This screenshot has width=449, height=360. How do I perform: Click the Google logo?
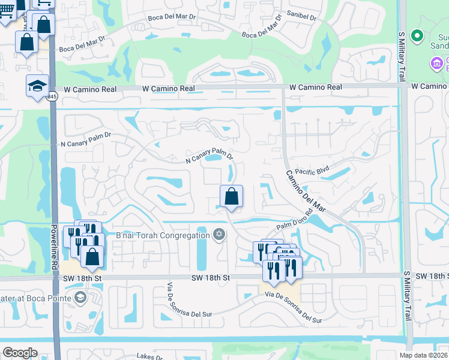tap(20, 353)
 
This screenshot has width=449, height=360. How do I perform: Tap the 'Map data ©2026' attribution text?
tap(423, 355)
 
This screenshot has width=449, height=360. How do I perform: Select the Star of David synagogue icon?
tap(220, 235)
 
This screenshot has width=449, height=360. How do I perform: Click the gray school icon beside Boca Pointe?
tap(80, 298)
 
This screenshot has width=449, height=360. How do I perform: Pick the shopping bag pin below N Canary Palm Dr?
tap(231, 196)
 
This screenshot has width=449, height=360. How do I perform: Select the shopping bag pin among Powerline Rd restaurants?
tap(92, 256)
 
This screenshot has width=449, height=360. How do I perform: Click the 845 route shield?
tap(53, 96)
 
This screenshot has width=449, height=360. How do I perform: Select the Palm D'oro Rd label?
tap(295, 221)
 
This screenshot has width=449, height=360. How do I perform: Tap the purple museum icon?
tap(438, 62)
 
